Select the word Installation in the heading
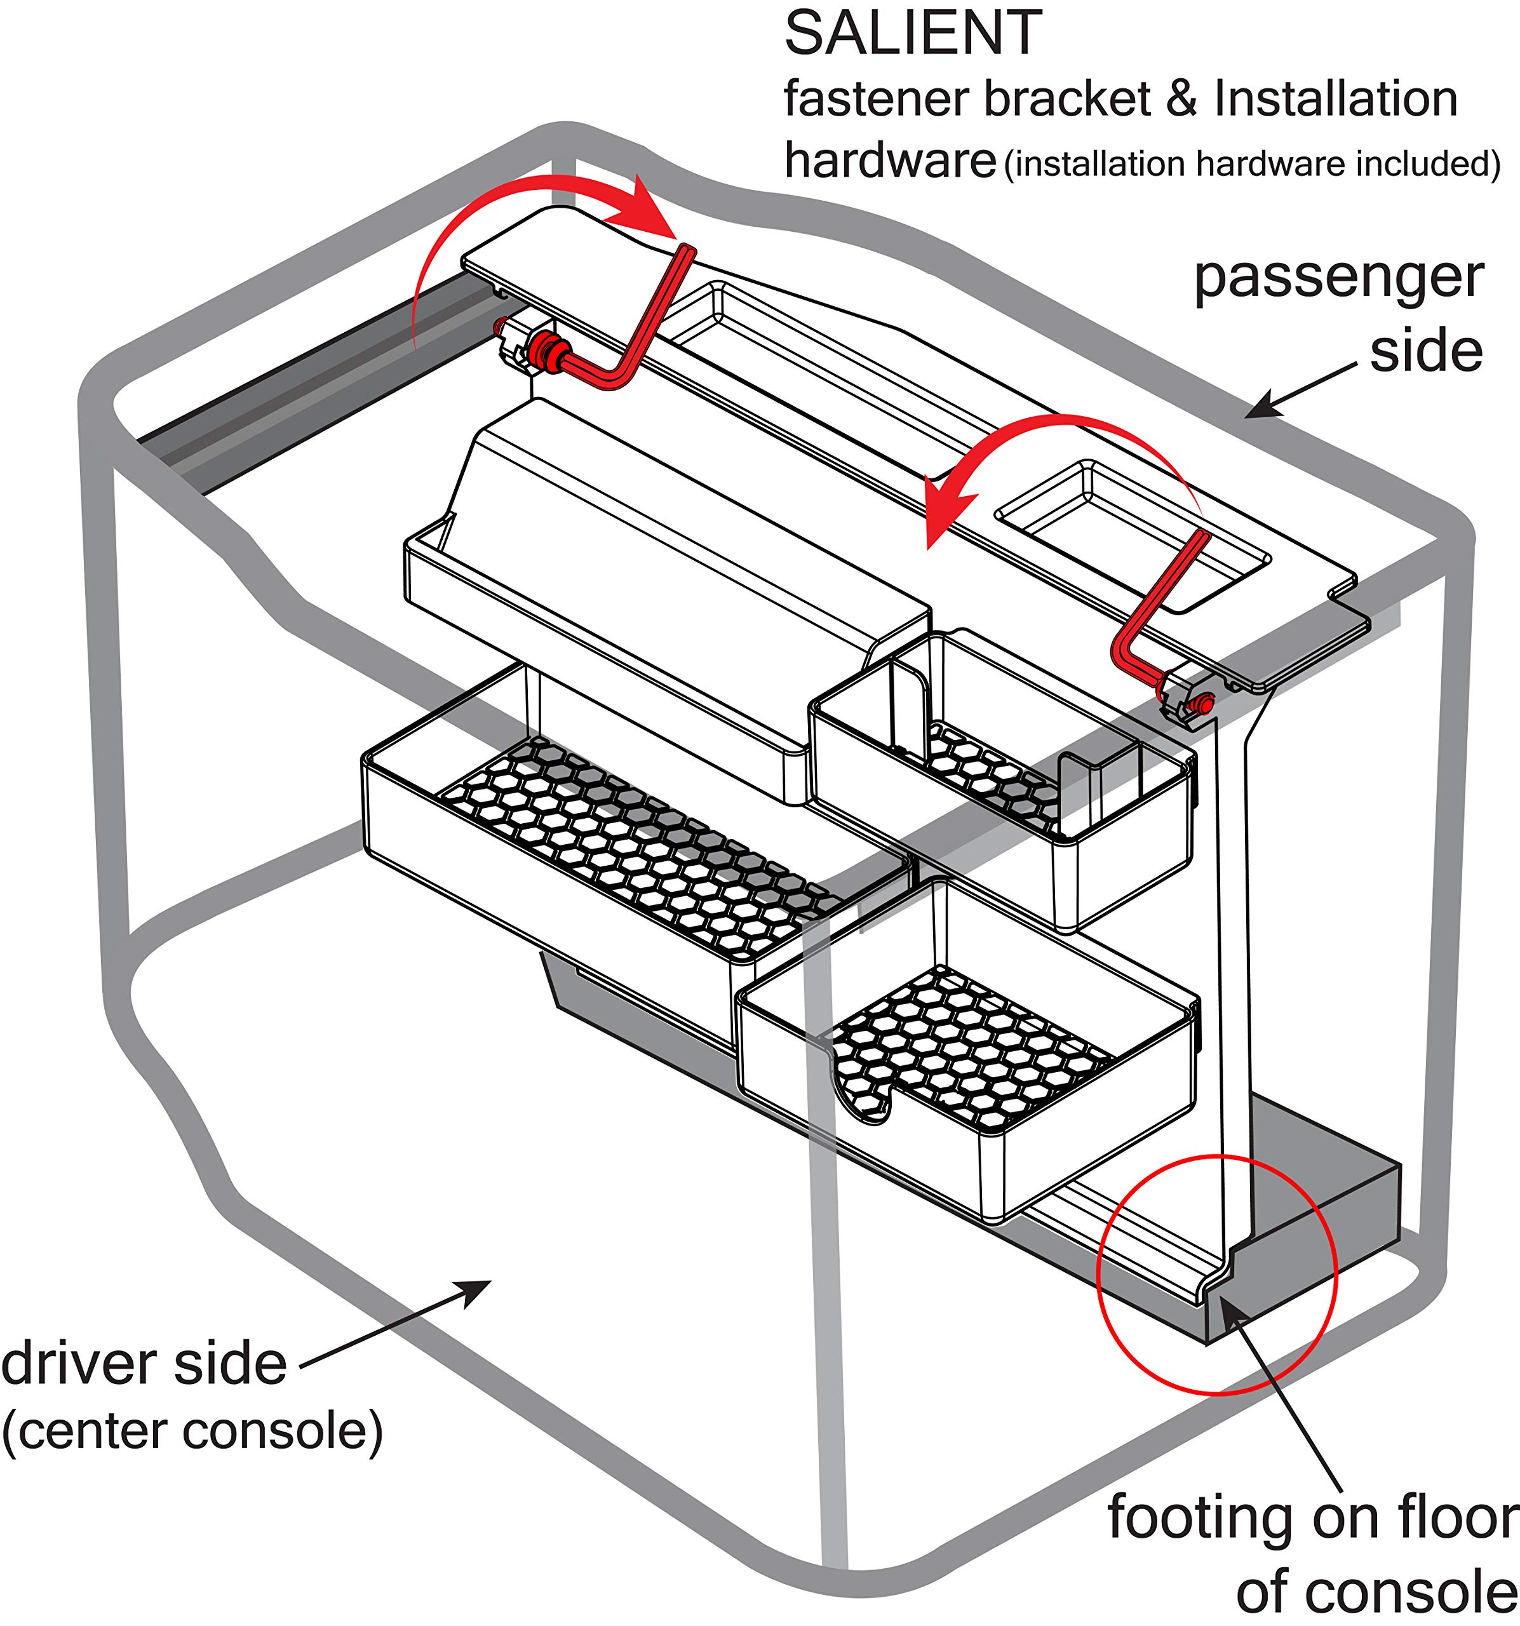(x=1335, y=99)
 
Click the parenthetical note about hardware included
(x=1252, y=164)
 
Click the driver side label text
(x=144, y=1364)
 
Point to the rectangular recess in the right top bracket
(x=1133, y=535)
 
